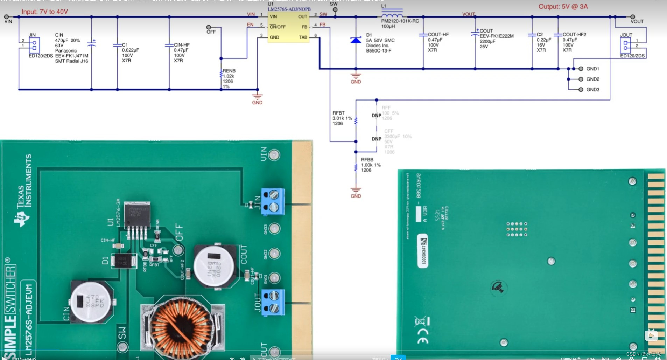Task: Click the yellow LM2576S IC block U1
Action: (288, 27)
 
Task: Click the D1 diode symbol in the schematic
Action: (356, 40)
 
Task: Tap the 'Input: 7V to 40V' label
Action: (45, 12)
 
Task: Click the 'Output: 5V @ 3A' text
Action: (563, 7)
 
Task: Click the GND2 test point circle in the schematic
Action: (581, 79)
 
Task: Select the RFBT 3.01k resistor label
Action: (342, 118)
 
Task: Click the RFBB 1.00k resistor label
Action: (371, 165)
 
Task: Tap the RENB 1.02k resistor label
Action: (229, 76)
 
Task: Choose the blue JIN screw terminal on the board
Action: (273, 201)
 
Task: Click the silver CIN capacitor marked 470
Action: (92, 301)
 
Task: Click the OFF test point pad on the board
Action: (178, 250)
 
